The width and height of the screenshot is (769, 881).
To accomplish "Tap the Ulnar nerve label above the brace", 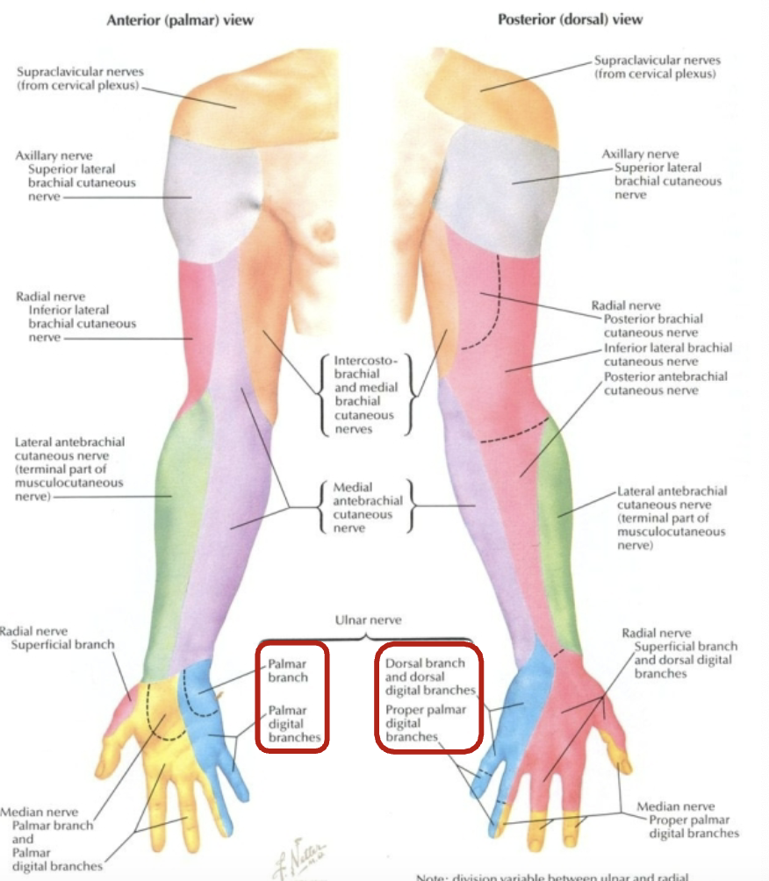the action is tap(368, 620).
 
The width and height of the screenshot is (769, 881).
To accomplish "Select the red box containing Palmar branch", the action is tap(292, 697).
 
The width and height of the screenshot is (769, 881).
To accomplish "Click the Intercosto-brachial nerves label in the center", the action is tap(364, 395).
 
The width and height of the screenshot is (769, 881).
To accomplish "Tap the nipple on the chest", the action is tap(322, 231).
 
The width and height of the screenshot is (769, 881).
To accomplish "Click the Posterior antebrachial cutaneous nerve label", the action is tap(665, 383).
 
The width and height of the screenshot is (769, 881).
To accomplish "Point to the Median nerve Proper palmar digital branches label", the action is tap(687, 820).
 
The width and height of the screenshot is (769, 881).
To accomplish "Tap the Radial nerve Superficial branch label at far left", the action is tap(57, 638).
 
